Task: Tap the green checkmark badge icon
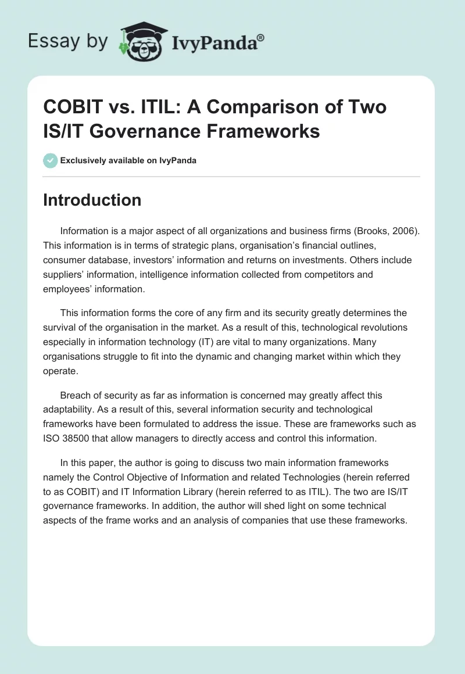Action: tap(51, 160)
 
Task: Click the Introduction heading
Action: tap(92, 200)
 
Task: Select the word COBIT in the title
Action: tap(73, 107)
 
